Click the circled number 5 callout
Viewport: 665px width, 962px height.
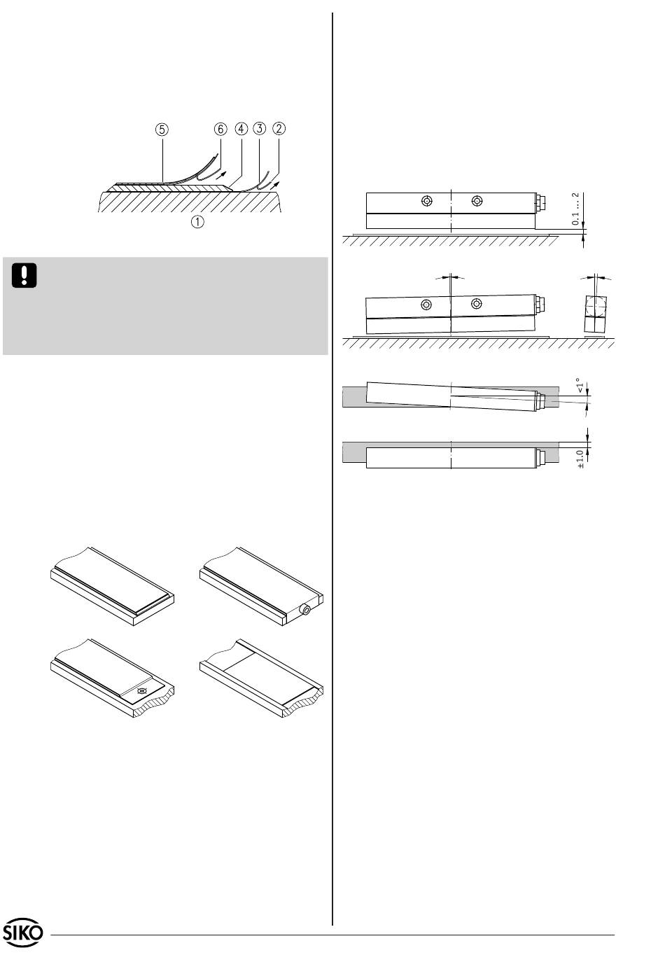click(x=162, y=130)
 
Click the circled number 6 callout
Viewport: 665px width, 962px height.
click(x=220, y=130)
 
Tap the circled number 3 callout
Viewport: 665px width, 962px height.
click(x=260, y=130)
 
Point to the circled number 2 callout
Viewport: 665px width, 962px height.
click(x=280, y=129)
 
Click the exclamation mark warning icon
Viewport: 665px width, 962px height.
click(x=24, y=275)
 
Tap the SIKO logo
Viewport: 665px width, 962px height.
click(x=24, y=933)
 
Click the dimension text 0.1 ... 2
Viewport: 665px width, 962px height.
click(x=575, y=209)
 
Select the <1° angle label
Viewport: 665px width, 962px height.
click(x=579, y=386)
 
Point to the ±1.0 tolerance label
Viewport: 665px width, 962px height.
click(x=580, y=459)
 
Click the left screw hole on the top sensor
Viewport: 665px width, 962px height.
click(x=426, y=202)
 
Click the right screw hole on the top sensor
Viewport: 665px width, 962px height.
click(x=477, y=202)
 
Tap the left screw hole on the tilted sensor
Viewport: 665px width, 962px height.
click(x=426, y=305)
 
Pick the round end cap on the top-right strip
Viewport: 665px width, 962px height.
click(x=305, y=611)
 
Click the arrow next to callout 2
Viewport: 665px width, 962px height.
click(x=279, y=183)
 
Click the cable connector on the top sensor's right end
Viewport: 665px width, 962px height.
click(x=540, y=202)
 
